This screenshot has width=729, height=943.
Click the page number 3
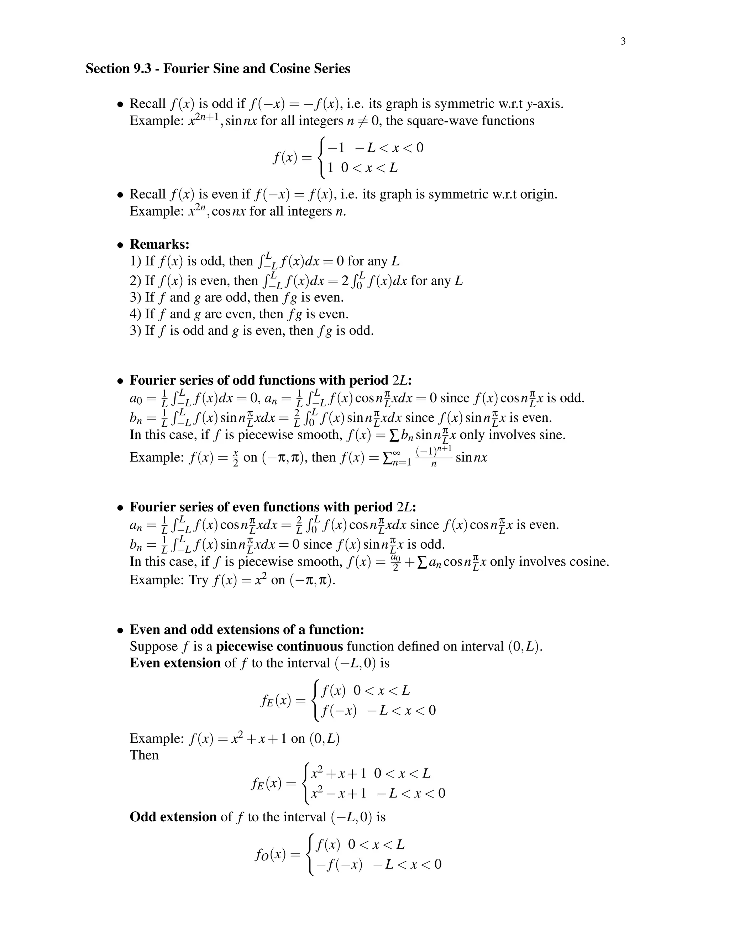coord(623,41)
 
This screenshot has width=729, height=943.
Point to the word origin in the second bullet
coord(538,194)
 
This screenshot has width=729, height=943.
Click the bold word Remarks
coord(159,244)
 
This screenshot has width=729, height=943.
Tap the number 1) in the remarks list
coord(136,261)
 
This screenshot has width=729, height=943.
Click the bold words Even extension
coord(175,663)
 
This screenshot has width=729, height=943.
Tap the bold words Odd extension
coord(173,817)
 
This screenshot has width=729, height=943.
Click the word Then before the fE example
coord(144,755)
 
